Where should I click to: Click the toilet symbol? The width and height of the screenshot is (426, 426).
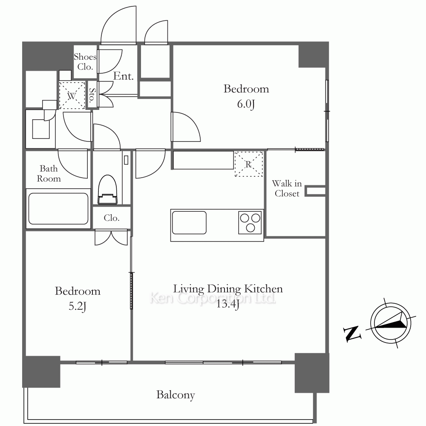[108, 190]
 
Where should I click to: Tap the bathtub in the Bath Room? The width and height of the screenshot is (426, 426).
[58, 209]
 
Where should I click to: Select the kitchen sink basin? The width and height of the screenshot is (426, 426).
[189, 223]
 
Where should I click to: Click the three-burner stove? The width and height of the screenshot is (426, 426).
[250, 223]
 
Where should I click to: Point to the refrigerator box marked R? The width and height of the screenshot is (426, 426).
[249, 164]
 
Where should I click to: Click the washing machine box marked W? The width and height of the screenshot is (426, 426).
[72, 95]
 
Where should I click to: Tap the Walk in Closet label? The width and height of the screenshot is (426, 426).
[287, 188]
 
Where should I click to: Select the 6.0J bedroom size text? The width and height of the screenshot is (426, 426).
[246, 104]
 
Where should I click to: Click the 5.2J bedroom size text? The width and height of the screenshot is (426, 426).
[78, 306]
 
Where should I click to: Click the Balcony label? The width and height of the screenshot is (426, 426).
[176, 395]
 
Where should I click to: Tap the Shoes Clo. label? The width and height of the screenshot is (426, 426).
[85, 62]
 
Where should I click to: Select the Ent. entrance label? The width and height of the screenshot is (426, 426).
[124, 76]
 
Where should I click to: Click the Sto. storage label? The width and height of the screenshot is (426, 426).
[92, 94]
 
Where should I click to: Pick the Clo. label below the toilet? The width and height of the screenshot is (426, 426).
[112, 218]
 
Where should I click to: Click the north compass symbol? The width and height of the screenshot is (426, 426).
[390, 323]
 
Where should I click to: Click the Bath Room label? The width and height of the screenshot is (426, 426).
[49, 174]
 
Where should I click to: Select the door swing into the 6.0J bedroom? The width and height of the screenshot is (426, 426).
[186, 127]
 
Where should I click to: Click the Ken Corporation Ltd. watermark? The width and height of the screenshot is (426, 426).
[213, 298]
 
